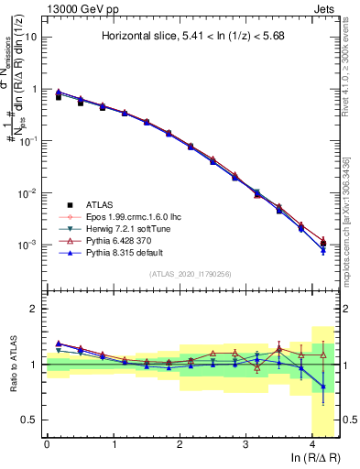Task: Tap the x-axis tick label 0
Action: (x=47, y=444)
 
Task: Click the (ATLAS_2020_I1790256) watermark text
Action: (x=191, y=274)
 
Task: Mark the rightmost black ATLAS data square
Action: (x=322, y=244)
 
